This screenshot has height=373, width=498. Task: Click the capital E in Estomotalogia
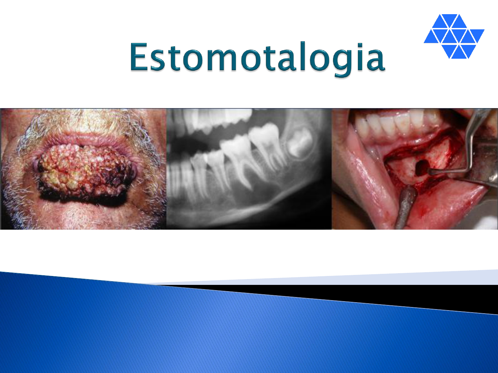tap(139, 56)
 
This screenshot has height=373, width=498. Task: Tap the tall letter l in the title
tap(302, 56)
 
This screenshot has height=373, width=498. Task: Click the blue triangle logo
tap(454, 36)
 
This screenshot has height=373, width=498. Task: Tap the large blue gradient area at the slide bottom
tap(227, 333)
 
